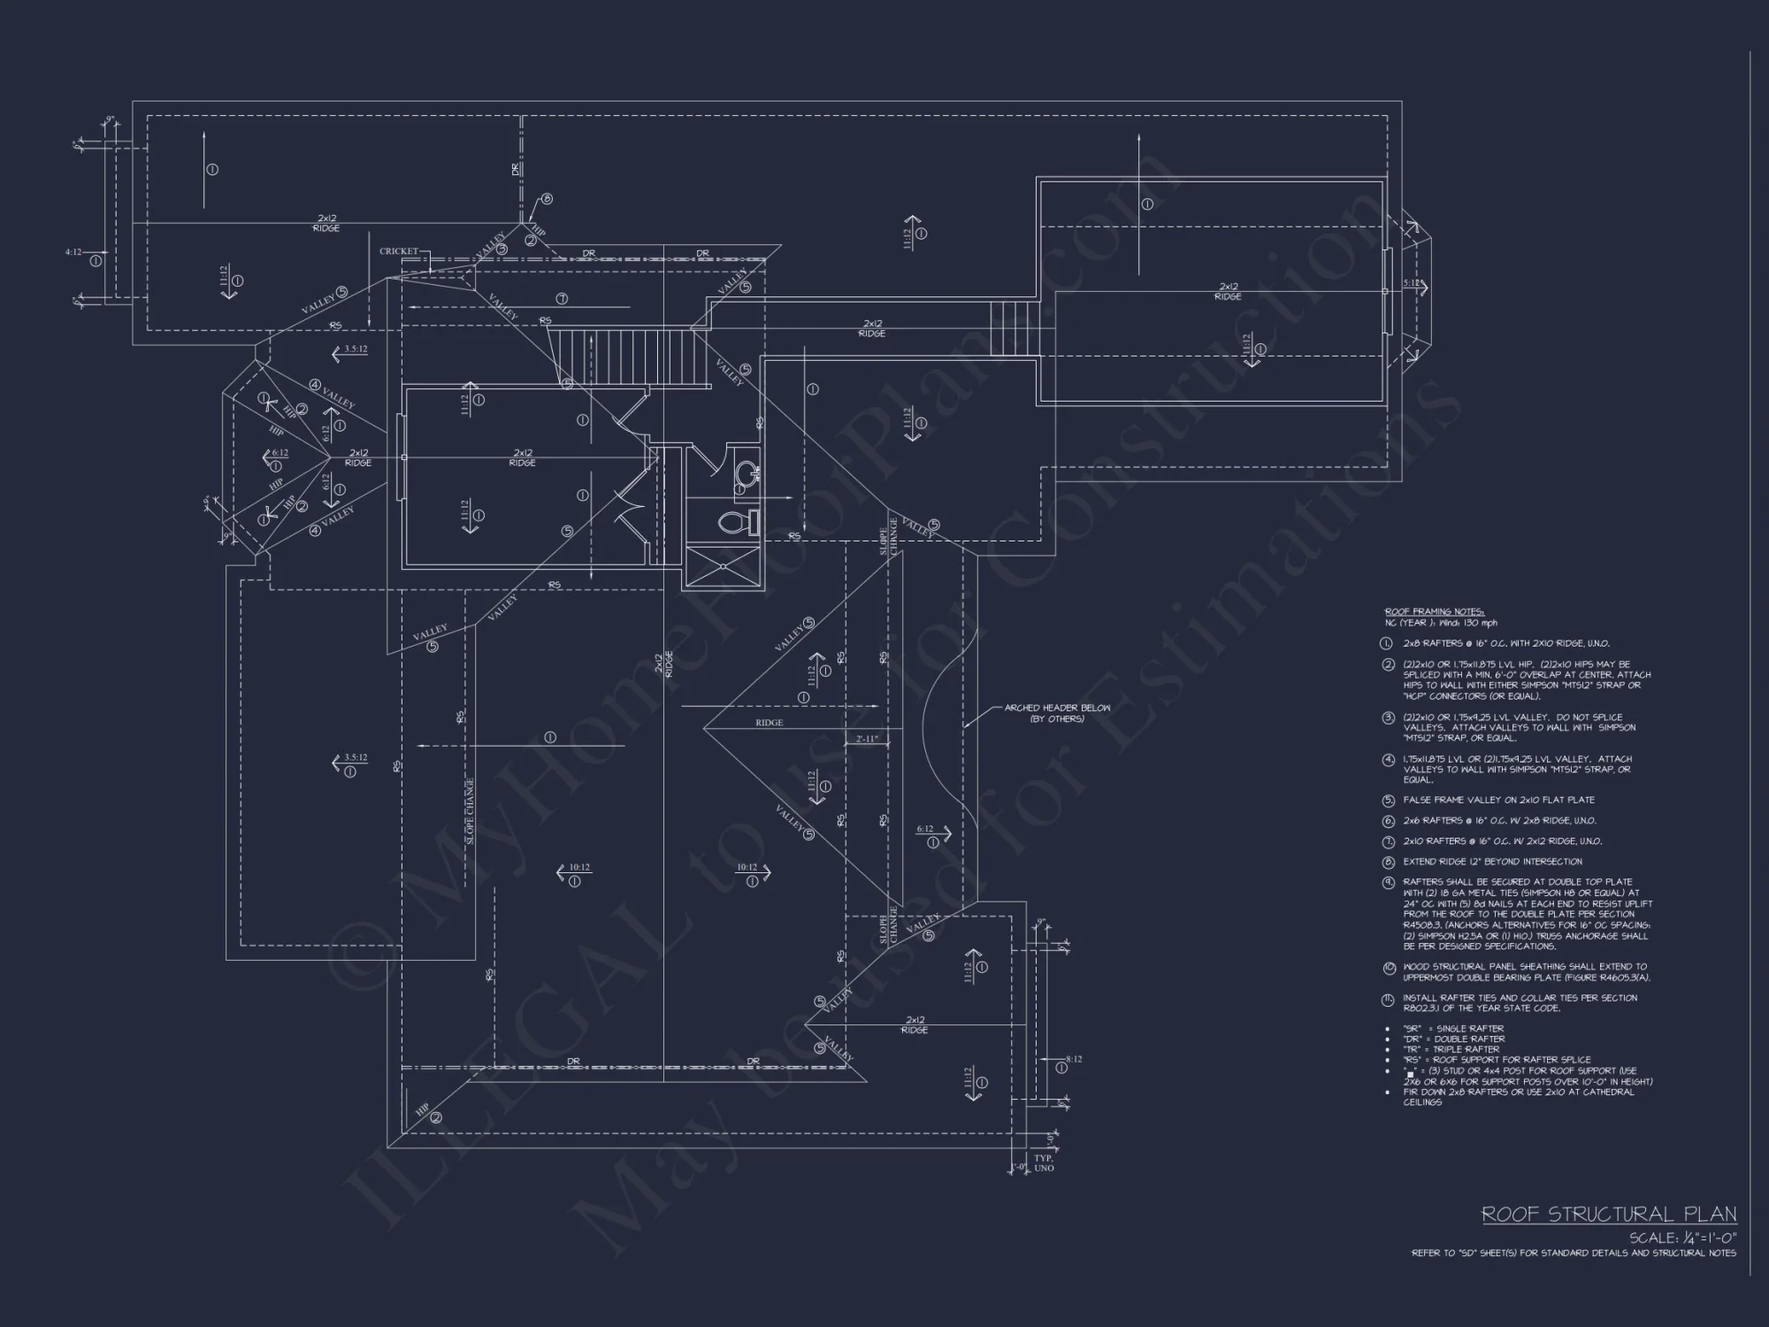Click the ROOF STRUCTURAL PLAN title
point(1609,1215)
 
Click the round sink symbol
point(746,471)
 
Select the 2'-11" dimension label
point(866,738)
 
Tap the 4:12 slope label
point(73,252)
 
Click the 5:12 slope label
point(1411,283)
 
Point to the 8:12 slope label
point(1074,1059)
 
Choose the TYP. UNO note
point(1044,1162)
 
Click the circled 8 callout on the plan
point(547,199)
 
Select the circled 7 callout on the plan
point(561,299)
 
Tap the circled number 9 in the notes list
point(1389,883)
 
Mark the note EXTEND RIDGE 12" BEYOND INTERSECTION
point(1492,862)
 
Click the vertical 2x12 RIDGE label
point(663,665)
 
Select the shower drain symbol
point(723,565)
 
